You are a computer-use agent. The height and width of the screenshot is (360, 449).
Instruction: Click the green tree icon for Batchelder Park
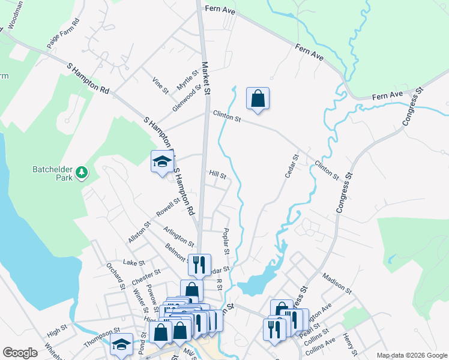click(x=82, y=173)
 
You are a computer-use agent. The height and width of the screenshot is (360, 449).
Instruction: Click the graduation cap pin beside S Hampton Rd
click(x=161, y=162)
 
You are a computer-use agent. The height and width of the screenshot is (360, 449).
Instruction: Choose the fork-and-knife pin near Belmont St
click(x=199, y=265)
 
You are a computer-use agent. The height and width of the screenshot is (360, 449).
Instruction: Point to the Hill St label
click(x=217, y=175)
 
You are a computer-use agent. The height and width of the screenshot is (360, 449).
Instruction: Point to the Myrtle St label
click(x=187, y=80)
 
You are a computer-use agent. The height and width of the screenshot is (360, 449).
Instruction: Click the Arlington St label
click(x=179, y=237)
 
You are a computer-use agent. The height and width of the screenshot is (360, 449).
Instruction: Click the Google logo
click(x=20, y=352)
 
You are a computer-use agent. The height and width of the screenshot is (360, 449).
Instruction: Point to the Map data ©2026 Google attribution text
click(x=411, y=355)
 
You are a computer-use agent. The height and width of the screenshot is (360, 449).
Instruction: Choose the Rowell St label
click(x=169, y=208)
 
